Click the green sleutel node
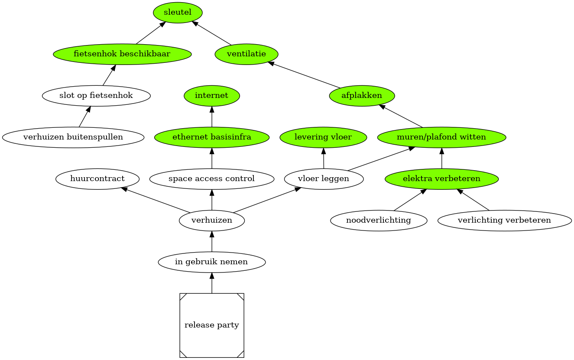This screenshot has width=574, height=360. pos(178,13)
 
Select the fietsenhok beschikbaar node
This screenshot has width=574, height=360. pos(122,54)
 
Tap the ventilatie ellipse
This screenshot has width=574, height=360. pos(246,54)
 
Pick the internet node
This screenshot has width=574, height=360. pos(212,96)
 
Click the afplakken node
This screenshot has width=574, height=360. pos(362,96)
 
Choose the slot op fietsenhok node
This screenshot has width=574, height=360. pos(96,96)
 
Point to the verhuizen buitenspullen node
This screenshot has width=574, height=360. pos(73,137)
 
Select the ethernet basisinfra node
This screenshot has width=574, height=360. pos(212,137)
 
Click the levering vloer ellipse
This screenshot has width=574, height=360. pos(323,137)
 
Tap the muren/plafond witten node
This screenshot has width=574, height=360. pos(441,137)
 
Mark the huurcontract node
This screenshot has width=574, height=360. pos(97,178)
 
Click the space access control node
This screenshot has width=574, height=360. pos(212,178)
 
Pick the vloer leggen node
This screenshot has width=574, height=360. pos(324,178)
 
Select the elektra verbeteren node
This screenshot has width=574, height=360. pos(441,178)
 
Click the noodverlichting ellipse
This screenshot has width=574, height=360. pos(379,220)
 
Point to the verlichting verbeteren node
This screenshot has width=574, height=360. pos(504,220)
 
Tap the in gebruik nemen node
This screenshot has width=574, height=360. pos(212,262)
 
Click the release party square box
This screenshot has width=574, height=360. pos(212,325)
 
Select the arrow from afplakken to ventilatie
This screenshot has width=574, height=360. pos(304,75)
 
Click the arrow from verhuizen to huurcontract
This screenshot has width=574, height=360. pos(156,200)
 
